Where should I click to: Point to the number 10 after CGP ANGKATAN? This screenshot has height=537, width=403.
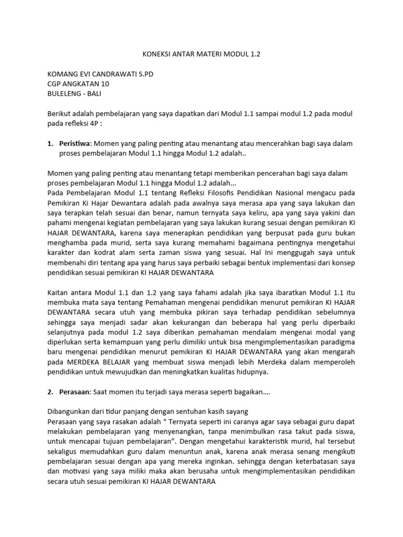click(104, 84)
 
